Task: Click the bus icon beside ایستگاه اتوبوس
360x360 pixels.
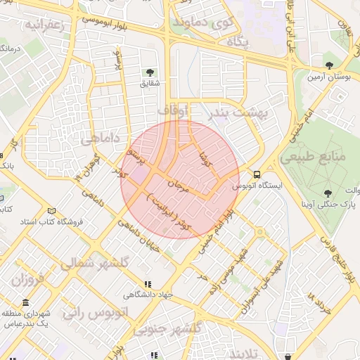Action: pyautogui.click(x=257, y=174)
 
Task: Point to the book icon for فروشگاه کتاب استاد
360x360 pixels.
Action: pyautogui.click(x=51, y=211)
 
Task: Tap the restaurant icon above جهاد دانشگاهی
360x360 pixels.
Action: pyautogui.click(x=147, y=285)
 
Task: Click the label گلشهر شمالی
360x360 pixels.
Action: pyautogui.click(x=95, y=263)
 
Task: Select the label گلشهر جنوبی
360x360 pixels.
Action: pyautogui.click(x=168, y=329)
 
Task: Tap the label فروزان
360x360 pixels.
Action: pyautogui.click(x=27, y=279)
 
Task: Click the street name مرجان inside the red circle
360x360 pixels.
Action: pyautogui.click(x=179, y=184)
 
